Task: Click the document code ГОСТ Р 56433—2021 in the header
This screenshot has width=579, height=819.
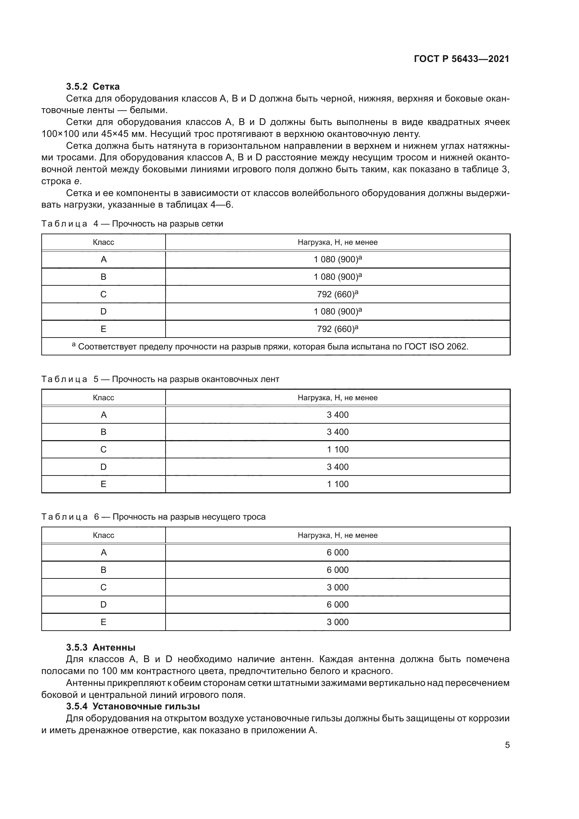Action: click(x=461, y=59)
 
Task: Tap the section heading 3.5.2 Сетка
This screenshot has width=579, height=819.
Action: click(x=93, y=86)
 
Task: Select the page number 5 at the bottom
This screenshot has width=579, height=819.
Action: click(x=507, y=745)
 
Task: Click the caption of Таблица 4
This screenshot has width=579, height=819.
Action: click(x=132, y=224)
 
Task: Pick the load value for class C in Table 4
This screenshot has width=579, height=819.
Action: click(x=337, y=294)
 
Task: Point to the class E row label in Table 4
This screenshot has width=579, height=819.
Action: click(x=103, y=329)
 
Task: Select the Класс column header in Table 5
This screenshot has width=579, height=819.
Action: click(x=103, y=397)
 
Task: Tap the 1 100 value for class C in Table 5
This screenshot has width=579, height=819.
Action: click(x=337, y=450)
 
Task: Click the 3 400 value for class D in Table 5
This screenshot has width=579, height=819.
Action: click(x=337, y=467)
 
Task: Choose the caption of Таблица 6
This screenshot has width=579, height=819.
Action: click(x=153, y=517)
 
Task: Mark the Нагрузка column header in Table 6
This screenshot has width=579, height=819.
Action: click(x=337, y=535)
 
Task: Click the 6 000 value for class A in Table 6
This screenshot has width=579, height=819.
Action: click(x=337, y=553)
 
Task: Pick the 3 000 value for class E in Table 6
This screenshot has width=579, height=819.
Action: click(x=337, y=622)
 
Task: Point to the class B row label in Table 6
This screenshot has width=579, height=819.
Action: click(x=103, y=570)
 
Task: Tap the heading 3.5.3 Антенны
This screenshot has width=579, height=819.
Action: click(x=100, y=647)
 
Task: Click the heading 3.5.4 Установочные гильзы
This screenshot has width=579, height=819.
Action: click(x=133, y=706)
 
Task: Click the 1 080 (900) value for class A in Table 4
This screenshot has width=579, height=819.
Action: click(x=337, y=259)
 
